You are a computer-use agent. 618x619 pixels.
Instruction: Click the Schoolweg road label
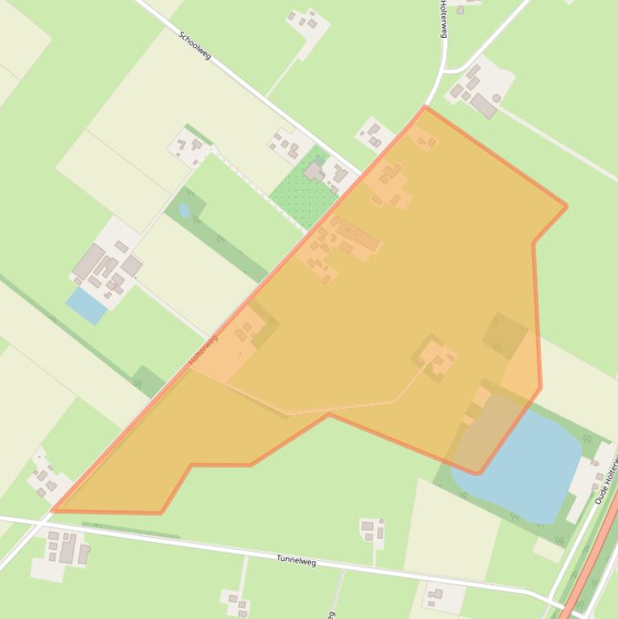tap(194, 46)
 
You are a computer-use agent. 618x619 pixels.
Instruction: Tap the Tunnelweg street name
tap(297, 560)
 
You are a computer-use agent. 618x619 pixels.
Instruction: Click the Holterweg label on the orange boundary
tap(204, 351)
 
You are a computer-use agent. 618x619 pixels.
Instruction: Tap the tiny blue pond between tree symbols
tap(185, 211)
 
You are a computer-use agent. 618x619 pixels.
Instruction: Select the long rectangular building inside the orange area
tap(358, 238)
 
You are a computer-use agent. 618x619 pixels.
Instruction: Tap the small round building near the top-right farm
tap(497, 98)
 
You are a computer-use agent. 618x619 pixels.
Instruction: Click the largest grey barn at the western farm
tap(88, 262)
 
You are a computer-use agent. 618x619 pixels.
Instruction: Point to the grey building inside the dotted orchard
tap(313, 172)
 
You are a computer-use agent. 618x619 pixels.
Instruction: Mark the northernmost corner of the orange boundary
tap(425, 107)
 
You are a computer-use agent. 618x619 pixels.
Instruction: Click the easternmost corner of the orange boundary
tap(567, 207)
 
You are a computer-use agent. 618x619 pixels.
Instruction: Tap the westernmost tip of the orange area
tap(53, 510)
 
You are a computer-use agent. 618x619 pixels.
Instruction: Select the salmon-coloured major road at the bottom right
tap(591, 563)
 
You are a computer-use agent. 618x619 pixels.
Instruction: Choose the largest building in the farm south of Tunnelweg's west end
tap(68, 549)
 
